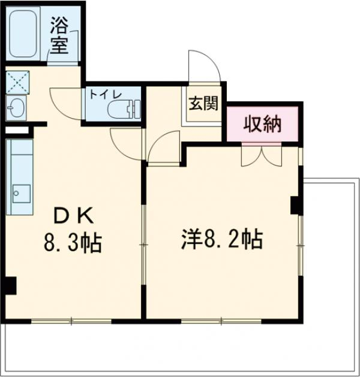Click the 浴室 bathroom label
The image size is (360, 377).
59,36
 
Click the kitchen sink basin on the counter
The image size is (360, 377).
22,193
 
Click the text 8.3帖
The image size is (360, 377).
71,243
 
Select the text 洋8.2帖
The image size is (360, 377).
221,239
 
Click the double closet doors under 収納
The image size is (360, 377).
261,155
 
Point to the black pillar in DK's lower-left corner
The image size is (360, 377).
8,286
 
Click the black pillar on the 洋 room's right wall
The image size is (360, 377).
295,205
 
